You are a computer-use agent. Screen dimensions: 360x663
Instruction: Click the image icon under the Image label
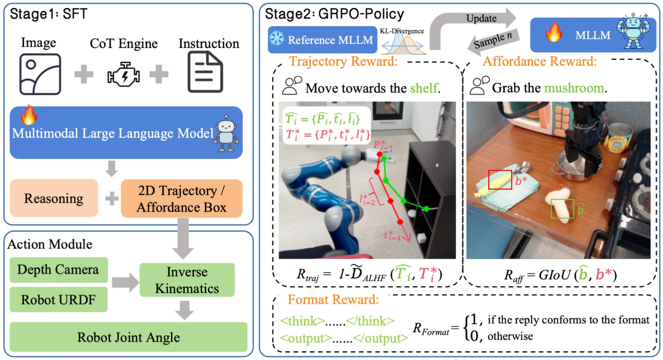[x=40, y=74]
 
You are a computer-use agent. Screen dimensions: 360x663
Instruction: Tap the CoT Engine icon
[x=123, y=74]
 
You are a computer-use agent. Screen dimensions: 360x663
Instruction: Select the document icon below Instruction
[x=205, y=72]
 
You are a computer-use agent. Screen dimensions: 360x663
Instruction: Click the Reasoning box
[x=54, y=198]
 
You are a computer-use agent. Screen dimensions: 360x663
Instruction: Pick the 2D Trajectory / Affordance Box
[x=182, y=199]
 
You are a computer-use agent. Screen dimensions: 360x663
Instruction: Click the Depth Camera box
[x=58, y=270]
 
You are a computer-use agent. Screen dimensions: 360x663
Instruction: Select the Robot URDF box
[x=58, y=300]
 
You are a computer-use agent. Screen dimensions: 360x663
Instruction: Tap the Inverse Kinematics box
[x=187, y=280]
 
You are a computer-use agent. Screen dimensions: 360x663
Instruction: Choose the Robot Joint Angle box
[x=128, y=337]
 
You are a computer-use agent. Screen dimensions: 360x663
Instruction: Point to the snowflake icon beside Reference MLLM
[x=277, y=38]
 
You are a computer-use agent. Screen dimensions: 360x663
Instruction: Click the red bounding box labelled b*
[x=500, y=180]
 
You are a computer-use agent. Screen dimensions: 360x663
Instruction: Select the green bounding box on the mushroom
[x=562, y=209]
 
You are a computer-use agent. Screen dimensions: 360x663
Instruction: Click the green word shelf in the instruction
[x=424, y=88]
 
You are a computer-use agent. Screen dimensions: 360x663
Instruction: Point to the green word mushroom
[x=574, y=88]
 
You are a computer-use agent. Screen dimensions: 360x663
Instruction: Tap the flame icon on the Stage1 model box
[x=28, y=115]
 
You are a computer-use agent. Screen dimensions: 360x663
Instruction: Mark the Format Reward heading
[x=333, y=299]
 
